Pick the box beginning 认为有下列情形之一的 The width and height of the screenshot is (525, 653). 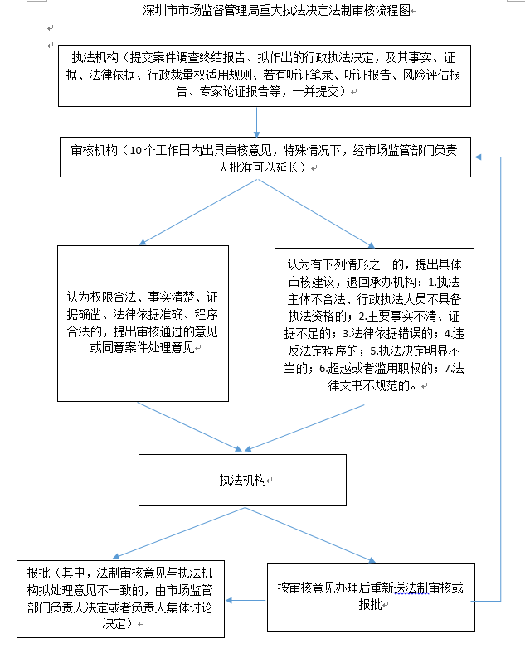coord(376,325)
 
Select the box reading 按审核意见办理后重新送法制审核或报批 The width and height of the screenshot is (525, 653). coord(369,596)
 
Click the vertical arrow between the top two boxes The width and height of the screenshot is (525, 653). coord(258,121)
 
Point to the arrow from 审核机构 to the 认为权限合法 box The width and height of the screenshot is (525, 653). coord(199,210)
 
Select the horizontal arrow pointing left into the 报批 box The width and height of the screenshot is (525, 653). coord(246,599)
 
